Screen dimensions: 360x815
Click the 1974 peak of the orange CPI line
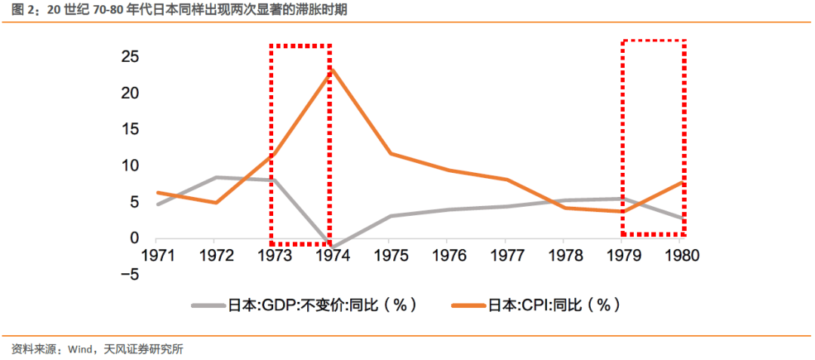(x=331, y=69)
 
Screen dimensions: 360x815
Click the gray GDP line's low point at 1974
(x=331, y=248)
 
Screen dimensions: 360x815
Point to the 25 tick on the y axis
(x=130, y=57)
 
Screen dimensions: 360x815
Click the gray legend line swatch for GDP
(x=208, y=306)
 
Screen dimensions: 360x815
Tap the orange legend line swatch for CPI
(x=468, y=306)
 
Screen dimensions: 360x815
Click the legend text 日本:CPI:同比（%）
(x=554, y=306)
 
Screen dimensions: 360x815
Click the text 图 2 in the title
(x=23, y=11)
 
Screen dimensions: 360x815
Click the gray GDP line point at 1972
(x=215, y=177)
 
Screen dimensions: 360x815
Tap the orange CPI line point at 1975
(x=389, y=153)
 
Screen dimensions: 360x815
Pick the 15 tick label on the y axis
(x=130, y=129)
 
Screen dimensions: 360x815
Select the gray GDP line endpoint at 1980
(x=682, y=218)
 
